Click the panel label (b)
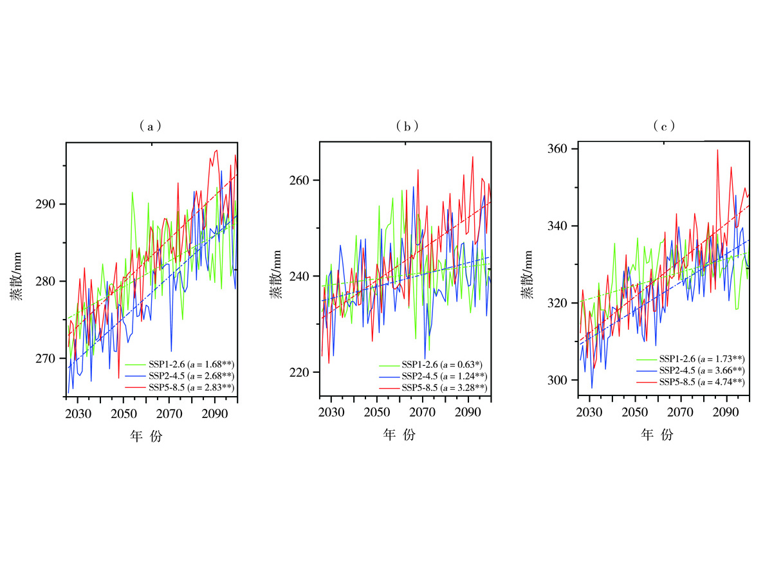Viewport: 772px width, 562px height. [x=408, y=127]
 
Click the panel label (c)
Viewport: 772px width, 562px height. [x=663, y=127]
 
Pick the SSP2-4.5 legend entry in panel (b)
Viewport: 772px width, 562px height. [x=433, y=376]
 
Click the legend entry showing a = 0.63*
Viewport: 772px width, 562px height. [x=433, y=364]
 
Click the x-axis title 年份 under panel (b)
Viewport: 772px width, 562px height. [x=400, y=436]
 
